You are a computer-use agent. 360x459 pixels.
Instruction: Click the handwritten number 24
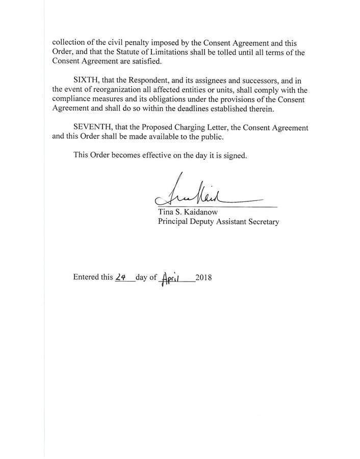[x=121, y=278]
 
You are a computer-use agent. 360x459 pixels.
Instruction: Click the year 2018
[x=203, y=278]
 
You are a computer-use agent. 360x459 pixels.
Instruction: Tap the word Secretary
[x=262, y=222]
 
